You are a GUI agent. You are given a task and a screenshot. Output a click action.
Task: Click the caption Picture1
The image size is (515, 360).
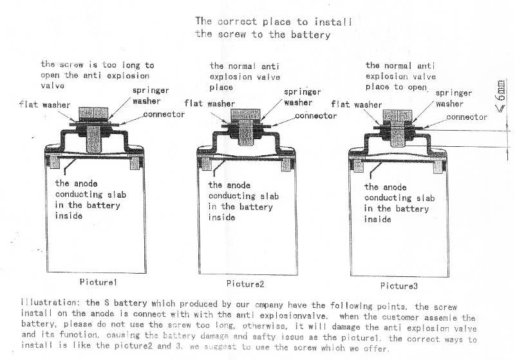coord(98,282)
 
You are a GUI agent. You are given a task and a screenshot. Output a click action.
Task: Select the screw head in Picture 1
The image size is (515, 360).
coord(93,113)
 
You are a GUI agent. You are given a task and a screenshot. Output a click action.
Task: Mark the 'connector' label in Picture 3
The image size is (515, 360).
coord(466,117)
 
